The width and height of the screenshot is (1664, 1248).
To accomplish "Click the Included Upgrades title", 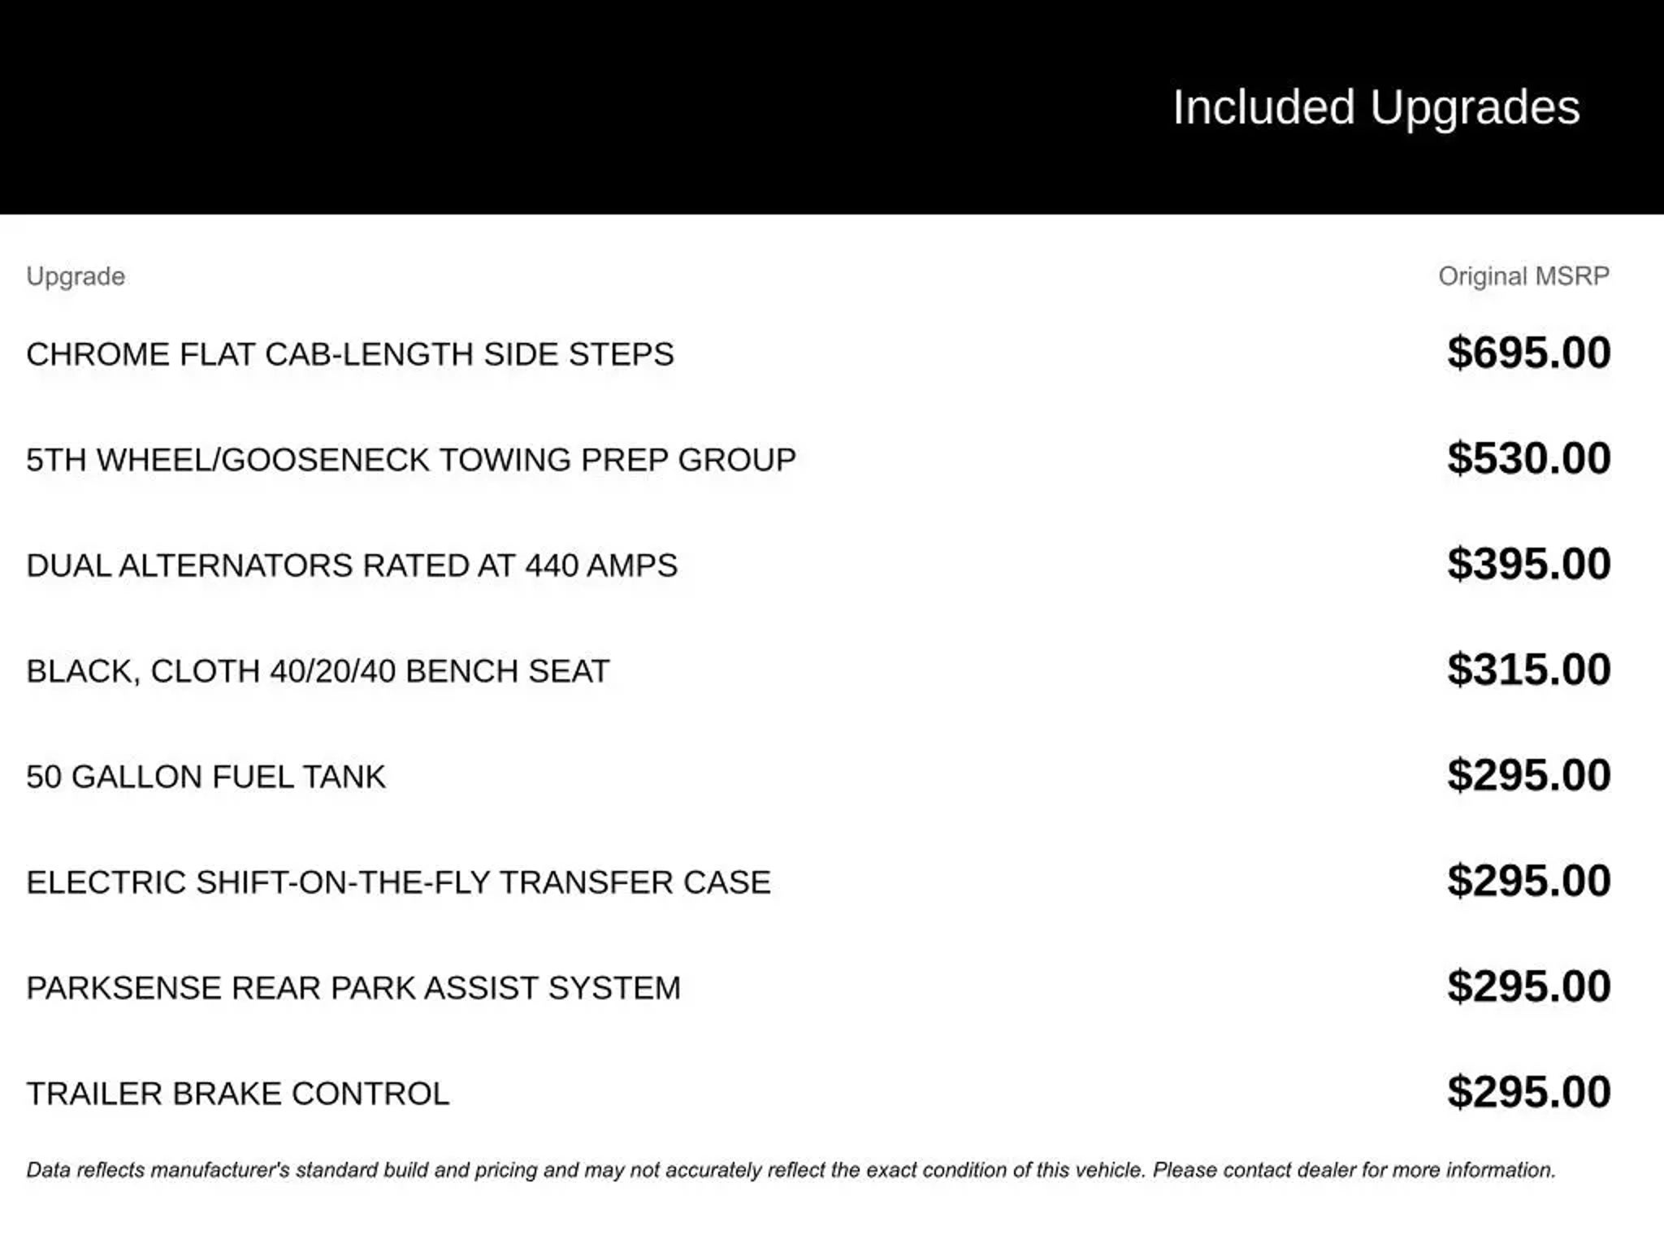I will tap(1376, 107).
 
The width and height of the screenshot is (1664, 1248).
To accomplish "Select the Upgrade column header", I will tap(76, 276).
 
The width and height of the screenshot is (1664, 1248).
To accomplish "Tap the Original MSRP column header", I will tap(1523, 276).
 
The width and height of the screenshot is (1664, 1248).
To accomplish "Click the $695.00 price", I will tap(1528, 353).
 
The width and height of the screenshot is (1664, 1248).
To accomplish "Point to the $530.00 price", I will tap(1528, 459).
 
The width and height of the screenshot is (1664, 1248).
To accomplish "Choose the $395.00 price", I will tap(1528, 565).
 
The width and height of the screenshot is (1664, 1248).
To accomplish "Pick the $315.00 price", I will tap(1528, 670).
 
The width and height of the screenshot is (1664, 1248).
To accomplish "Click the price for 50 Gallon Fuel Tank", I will tap(1528, 776).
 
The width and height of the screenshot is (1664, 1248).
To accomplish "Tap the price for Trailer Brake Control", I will tap(1528, 1093).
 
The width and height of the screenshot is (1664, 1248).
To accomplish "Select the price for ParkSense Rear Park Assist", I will tap(1528, 987).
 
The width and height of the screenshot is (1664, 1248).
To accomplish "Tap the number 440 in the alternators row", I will tap(551, 566).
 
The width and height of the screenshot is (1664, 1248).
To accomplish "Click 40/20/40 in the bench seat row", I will tap(333, 672).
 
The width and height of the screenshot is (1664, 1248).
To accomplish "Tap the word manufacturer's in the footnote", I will tap(219, 1171).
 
